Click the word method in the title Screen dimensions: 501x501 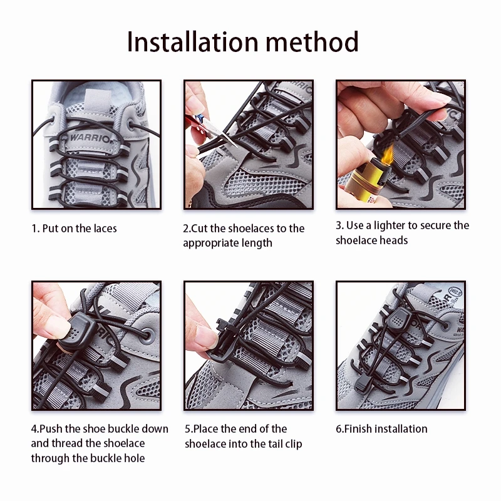click(312, 42)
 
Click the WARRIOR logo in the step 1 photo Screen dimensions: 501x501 click(90, 138)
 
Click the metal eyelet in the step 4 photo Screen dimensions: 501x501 click(147, 336)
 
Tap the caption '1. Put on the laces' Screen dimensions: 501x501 click(74, 229)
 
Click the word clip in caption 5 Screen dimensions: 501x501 click(293, 444)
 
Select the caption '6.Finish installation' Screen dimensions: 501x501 click(381, 429)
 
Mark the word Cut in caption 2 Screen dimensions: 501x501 click(200, 229)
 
